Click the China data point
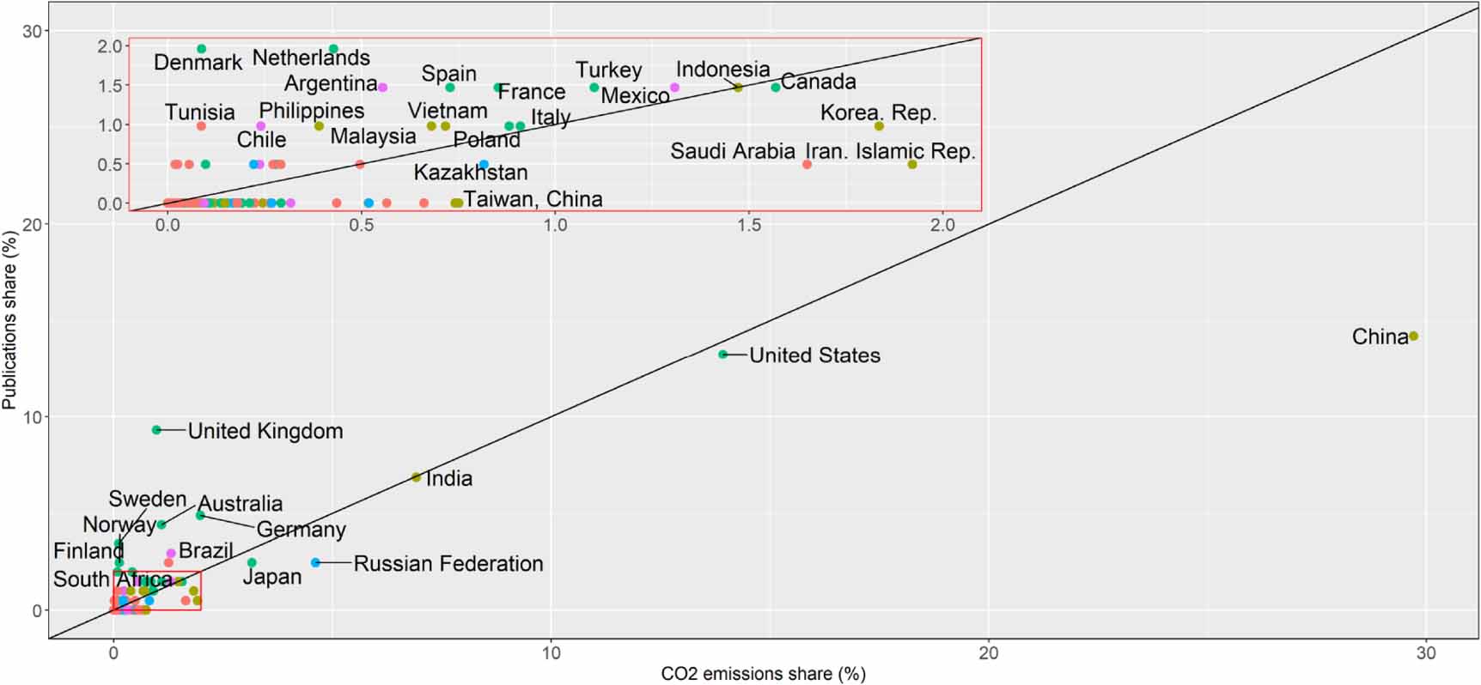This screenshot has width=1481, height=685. click(x=1413, y=336)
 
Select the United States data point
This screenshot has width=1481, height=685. click(x=723, y=355)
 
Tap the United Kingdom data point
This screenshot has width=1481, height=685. click(x=156, y=430)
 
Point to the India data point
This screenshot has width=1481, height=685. click(x=417, y=477)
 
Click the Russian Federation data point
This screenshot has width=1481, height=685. click(x=315, y=562)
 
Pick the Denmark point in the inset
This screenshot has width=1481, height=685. click(x=202, y=49)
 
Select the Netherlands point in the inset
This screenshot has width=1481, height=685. click(x=333, y=49)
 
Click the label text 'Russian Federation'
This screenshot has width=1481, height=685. click(x=448, y=564)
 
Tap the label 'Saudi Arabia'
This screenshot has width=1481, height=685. click(x=732, y=152)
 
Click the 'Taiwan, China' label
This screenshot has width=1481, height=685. click(x=533, y=199)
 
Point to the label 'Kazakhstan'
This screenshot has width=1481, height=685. click(x=471, y=173)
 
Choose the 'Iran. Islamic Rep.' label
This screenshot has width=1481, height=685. click(x=890, y=152)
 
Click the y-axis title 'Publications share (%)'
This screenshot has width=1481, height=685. click(x=9, y=319)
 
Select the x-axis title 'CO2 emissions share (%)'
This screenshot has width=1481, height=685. click(x=763, y=674)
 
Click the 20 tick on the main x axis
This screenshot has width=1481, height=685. click(x=989, y=653)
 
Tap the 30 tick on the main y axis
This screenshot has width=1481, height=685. click(x=32, y=31)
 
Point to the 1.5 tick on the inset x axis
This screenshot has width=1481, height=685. click(x=748, y=225)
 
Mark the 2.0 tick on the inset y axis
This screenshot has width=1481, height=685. click(x=110, y=46)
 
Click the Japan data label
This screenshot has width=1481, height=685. click(x=271, y=577)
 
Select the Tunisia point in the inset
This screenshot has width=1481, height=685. click(x=201, y=126)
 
